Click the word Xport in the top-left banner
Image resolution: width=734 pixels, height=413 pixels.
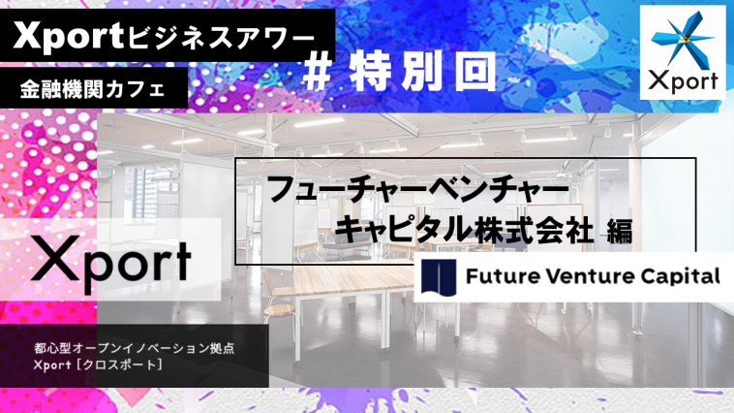pos(68,36)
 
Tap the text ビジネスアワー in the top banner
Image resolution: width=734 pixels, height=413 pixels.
pos(220,38)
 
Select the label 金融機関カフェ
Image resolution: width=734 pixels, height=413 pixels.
pos(93,88)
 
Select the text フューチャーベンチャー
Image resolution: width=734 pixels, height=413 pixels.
pos(418,190)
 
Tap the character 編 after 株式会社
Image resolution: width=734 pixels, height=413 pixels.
pos(620,232)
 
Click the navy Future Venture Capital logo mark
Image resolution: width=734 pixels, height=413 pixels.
pos(439,277)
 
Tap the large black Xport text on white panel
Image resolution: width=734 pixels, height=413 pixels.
pos(111,262)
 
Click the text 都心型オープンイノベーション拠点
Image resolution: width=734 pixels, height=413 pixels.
pos(134,349)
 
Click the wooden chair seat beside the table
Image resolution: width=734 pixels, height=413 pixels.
pos(279,309)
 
